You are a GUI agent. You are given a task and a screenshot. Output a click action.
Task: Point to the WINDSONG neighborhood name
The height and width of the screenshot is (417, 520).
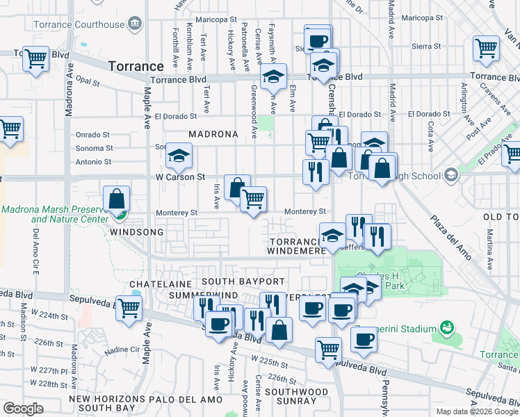(x=136, y=231)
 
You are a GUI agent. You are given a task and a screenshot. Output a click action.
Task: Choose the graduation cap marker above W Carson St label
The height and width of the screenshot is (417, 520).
(x=179, y=158)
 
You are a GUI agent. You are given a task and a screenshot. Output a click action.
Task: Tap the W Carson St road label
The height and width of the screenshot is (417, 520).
(x=180, y=177)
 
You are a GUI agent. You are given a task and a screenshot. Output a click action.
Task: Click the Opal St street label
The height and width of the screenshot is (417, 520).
(x=88, y=82)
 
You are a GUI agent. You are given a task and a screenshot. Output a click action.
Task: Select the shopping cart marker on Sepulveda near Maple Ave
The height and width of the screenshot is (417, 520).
(x=129, y=309)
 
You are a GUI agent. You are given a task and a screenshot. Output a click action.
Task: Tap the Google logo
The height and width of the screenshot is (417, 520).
(x=23, y=409)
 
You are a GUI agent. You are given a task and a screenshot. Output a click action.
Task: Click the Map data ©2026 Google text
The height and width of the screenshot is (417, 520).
(x=476, y=411)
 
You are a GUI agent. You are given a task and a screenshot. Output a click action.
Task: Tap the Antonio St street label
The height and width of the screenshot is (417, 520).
(x=94, y=162)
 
